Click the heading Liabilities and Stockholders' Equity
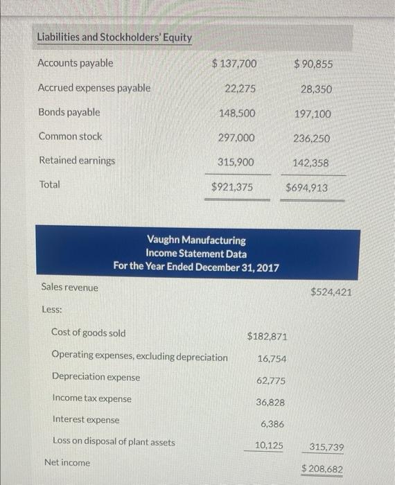tap(114, 37)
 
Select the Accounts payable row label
tap(76, 63)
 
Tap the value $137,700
tap(234, 64)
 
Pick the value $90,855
tap(313, 64)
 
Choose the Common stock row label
tap(70, 136)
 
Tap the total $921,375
tap(232, 187)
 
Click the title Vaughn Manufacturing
tap(196, 240)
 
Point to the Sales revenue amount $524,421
tap(331, 292)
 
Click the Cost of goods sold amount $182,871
tap(266, 336)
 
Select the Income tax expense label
tap(92, 398)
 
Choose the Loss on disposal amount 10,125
tap(268, 446)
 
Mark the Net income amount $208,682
tap(322, 469)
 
